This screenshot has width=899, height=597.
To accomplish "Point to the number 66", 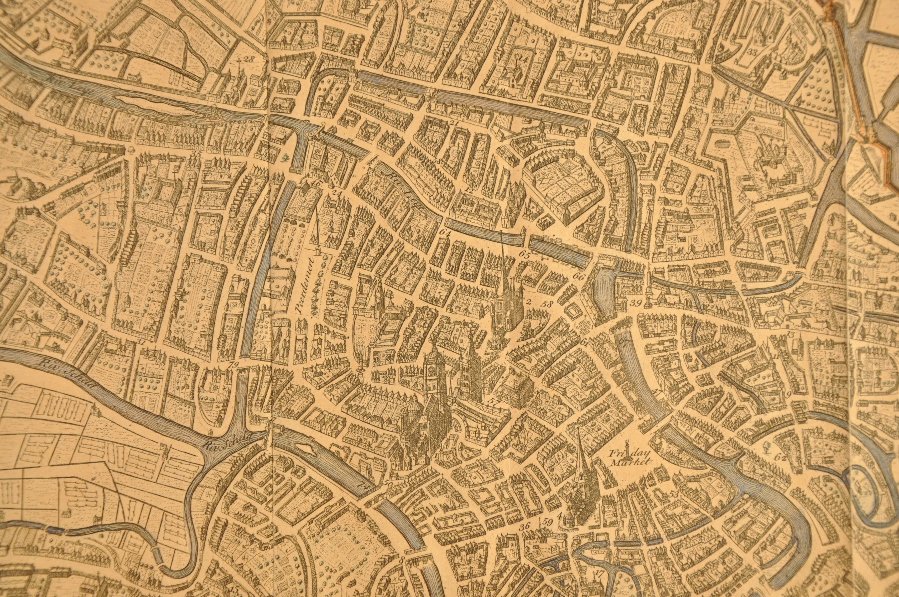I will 578,277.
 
